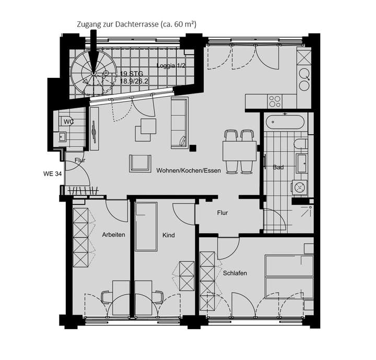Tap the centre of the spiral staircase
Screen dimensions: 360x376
tap(94, 74)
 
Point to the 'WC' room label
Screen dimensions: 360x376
tap(68, 121)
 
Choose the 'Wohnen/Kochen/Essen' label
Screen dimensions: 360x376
tap(188, 170)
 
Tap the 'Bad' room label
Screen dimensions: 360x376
tap(278, 167)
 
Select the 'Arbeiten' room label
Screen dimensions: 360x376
tap(113, 235)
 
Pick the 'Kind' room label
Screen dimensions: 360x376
tap(168, 235)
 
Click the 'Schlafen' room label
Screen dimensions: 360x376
tap(234, 273)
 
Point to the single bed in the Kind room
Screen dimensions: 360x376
tap(146, 227)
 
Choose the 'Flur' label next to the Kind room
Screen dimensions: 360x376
tap(222, 213)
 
